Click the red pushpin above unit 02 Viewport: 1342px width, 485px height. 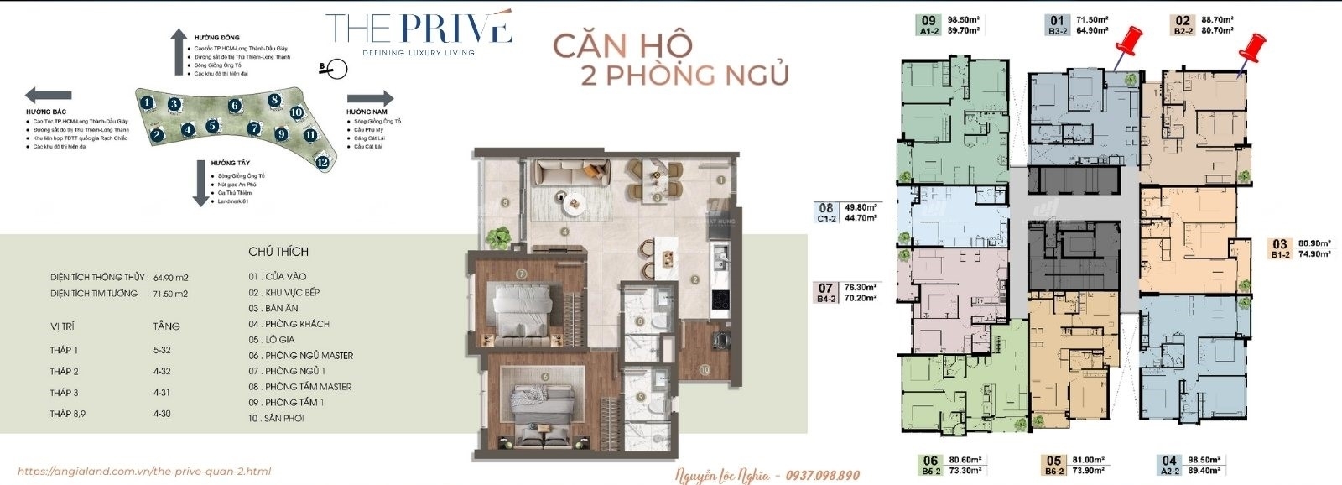(1253, 49)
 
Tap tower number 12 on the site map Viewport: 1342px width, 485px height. (322, 163)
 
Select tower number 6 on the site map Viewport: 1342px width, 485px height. (235, 106)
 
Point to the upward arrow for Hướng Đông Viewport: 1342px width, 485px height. (178, 51)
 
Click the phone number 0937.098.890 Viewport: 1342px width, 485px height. (822, 476)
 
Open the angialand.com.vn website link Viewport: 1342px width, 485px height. (143, 472)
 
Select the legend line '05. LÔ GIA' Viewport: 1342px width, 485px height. (272, 340)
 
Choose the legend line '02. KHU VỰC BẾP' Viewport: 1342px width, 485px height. (284, 292)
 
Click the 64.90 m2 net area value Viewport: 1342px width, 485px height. (169, 278)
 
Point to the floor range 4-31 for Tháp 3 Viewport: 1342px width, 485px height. (163, 393)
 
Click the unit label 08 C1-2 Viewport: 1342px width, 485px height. (827, 212)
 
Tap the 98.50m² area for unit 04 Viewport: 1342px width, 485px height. (1204, 460)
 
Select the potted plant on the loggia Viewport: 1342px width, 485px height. (499, 237)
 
